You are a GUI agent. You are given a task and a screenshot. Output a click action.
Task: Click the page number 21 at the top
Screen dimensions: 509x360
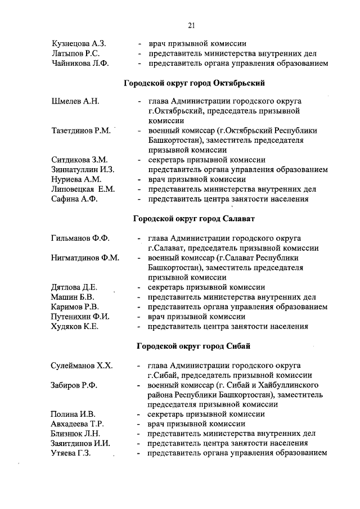click(x=191, y=25)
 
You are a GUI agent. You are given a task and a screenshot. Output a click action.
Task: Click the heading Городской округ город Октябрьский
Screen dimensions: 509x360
click(x=194, y=83)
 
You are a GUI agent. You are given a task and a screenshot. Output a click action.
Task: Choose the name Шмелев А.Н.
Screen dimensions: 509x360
click(x=75, y=101)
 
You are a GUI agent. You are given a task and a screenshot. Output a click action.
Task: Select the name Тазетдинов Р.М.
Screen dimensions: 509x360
click(x=80, y=130)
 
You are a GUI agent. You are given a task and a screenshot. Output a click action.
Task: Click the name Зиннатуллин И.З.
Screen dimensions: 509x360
click(x=83, y=169)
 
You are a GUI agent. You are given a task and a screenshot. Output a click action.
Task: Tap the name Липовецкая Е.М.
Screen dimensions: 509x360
click(x=83, y=189)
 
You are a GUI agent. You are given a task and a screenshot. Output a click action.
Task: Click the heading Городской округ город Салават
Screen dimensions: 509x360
click(x=194, y=218)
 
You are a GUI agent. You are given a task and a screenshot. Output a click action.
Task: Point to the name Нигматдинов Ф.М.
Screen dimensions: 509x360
click(x=85, y=258)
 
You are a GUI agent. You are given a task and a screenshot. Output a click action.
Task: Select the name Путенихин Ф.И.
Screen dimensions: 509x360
click(x=80, y=316)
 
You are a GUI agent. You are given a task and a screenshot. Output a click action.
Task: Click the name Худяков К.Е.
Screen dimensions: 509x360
click(x=75, y=326)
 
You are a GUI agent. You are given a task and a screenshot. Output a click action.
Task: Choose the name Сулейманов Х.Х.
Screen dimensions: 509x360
click(x=82, y=366)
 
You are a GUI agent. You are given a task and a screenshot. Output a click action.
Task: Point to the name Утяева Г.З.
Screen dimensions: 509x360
click(x=71, y=453)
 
